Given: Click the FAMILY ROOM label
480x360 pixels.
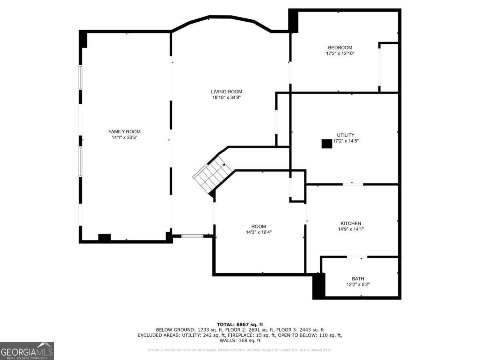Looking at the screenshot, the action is [x=124, y=132].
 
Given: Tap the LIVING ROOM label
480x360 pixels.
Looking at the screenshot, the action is [x=226, y=92].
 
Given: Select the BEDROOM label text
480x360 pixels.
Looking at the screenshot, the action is [x=340, y=48].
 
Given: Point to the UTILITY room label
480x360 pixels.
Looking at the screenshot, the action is [x=346, y=135].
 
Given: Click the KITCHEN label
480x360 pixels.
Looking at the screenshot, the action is [x=351, y=223].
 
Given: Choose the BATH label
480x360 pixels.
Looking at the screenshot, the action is [x=358, y=279].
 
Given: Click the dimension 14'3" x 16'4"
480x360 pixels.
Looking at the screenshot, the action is [x=258, y=232].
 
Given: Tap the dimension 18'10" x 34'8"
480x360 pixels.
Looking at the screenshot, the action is [x=226, y=98].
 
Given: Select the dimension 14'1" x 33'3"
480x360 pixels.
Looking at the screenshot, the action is [x=124, y=138].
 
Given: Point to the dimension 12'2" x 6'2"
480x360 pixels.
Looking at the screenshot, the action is [x=358, y=284].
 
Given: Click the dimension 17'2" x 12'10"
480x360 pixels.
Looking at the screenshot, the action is [x=340, y=53].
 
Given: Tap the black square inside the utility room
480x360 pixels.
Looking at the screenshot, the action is [x=327, y=144].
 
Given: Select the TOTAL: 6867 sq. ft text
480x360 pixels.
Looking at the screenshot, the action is [x=240, y=324].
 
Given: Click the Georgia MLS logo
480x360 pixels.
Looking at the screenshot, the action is [x=27, y=351].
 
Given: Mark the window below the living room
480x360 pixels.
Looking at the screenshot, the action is [x=192, y=236].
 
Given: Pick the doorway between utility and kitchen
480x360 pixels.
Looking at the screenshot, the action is [x=353, y=184].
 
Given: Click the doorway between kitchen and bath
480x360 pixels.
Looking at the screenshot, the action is [x=357, y=257].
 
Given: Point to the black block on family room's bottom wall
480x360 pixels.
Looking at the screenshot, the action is [x=104, y=238].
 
